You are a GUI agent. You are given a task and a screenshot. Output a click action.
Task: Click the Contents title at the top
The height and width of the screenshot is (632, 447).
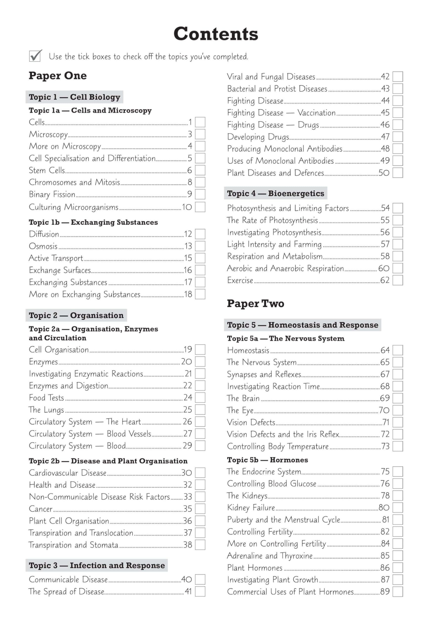pos(216,34)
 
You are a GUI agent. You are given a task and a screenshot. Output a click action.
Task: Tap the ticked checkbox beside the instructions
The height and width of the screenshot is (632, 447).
pos(35,56)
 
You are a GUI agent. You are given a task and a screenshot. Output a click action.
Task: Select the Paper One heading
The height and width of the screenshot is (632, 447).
pos(58,76)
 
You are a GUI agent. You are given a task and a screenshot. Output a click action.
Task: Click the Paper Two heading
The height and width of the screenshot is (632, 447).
pos(255,303)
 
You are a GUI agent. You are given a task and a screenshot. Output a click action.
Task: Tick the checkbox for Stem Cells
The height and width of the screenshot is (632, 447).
pos(200,170)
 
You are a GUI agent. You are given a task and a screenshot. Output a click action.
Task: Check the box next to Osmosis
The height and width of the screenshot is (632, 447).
pos(200,246)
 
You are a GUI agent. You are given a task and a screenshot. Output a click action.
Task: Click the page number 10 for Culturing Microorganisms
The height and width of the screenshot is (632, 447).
pos(187,207)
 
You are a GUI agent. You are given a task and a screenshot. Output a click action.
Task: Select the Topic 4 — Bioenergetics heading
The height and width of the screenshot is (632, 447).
pos(275,193)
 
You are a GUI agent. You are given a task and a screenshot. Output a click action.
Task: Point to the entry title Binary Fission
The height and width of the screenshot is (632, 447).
pos(52,194)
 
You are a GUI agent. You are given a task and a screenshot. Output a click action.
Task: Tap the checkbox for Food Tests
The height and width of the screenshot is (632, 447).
pos(200,398)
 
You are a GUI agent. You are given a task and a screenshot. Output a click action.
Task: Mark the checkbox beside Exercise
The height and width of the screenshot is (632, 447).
pos(397,280)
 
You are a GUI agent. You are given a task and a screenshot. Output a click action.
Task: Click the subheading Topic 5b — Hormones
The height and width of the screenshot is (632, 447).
pos(267,460)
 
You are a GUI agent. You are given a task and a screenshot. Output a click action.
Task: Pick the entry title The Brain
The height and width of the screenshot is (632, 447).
pos(243,398)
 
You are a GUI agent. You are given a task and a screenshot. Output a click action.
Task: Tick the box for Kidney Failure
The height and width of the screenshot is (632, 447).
pos(397,508)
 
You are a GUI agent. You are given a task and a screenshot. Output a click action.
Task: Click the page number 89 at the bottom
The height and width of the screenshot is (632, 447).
pos(385,592)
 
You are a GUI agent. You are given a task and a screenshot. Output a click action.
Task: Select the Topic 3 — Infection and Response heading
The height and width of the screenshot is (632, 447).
pos(97,565)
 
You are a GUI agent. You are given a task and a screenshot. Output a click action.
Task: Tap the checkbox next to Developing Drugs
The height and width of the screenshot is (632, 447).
pos(397,137)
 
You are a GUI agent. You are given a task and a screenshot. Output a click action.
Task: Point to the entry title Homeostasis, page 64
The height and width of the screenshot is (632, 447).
pos(248,350)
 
